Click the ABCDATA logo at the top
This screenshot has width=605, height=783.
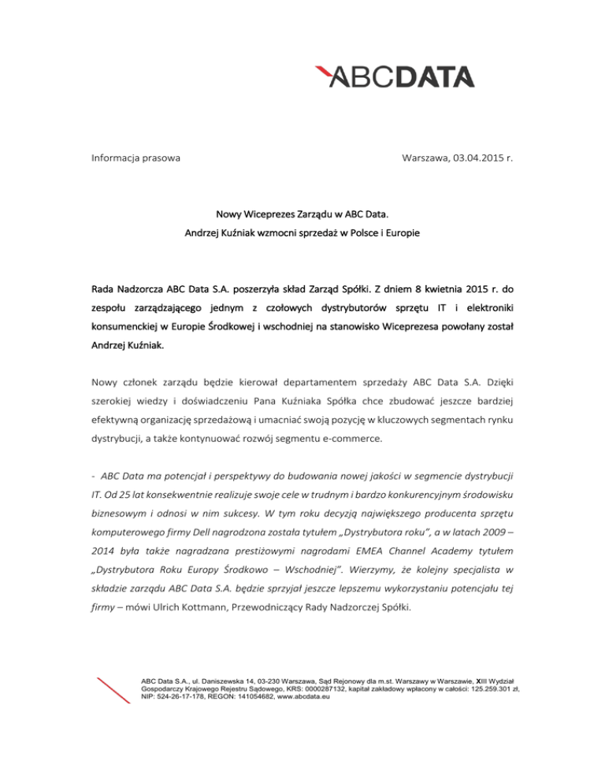tap(395, 76)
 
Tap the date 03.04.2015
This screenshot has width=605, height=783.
tap(476, 158)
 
